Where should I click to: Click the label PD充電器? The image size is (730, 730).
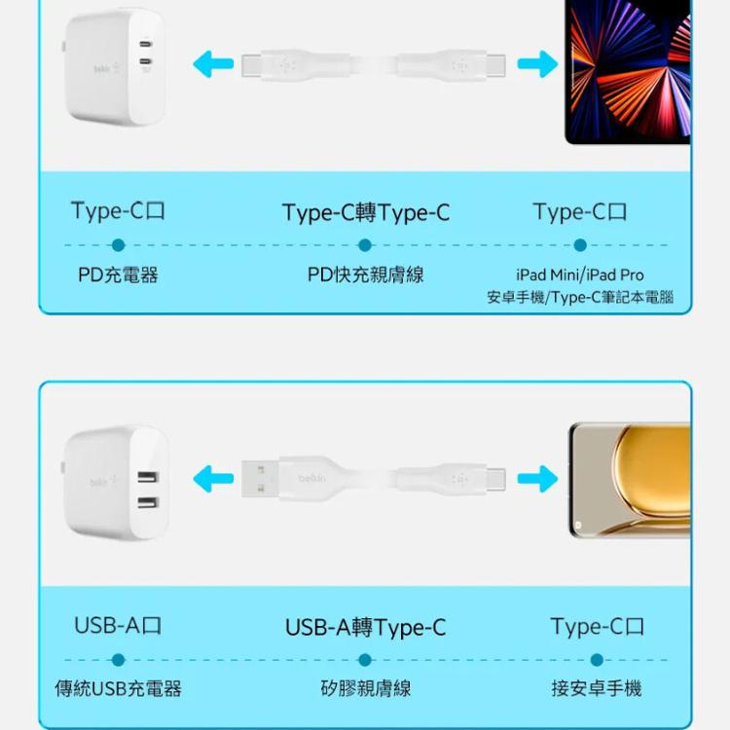(118, 275)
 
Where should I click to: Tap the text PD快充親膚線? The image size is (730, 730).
(365, 275)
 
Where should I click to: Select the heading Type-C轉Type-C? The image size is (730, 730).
(366, 213)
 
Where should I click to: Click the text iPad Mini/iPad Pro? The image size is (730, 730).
(579, 275)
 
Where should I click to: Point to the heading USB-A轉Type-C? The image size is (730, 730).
(365, 628)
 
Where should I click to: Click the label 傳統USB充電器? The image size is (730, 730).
(118, 689)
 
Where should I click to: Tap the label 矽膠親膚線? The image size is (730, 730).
(365, 689)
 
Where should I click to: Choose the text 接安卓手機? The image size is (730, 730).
(597, 689)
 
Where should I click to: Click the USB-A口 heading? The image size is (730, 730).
(118, 626)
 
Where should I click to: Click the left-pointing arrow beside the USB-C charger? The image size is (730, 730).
(213, 65)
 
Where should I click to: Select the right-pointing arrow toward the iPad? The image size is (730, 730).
(537, 65)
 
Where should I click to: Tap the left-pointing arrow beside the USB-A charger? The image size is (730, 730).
(213, 479)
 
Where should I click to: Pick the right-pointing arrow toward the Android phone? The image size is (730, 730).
(537, 479)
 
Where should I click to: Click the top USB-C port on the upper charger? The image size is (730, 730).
(146, 46)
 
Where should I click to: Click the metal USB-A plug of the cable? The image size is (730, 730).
(259, 479)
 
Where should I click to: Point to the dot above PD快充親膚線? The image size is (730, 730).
(365, 245)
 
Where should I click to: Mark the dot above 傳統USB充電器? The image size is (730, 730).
(118, 660)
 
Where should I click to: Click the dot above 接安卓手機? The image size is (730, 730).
(597, 660)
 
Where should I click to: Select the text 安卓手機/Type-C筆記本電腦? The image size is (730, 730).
(579, 297)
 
